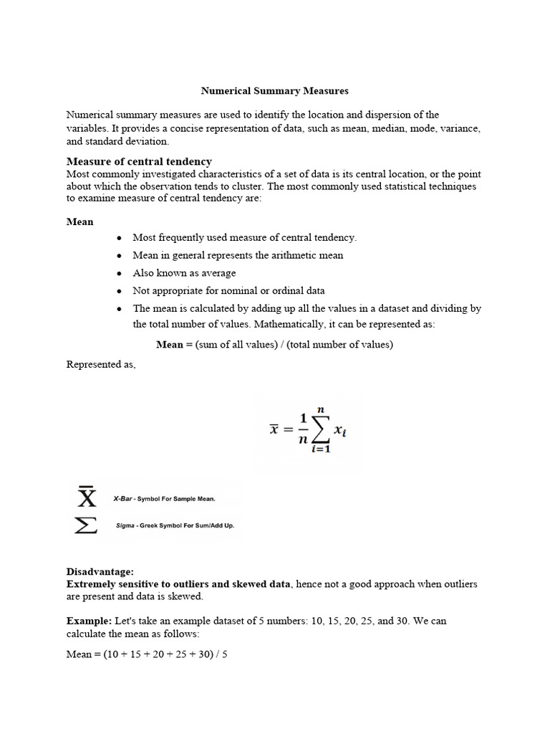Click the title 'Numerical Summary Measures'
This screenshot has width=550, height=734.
(274, 91)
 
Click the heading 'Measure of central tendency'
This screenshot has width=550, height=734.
(139, 161)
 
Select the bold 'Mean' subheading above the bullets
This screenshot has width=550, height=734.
(79, 221)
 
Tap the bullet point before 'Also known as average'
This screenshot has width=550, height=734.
(119, 273)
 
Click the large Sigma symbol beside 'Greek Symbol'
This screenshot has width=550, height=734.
(86, 526)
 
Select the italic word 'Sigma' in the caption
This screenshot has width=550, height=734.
(125, 525)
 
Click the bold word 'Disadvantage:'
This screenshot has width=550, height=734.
(100, 572)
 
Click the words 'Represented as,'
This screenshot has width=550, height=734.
(101, 365)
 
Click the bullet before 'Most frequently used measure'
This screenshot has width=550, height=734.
(119, 237)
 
